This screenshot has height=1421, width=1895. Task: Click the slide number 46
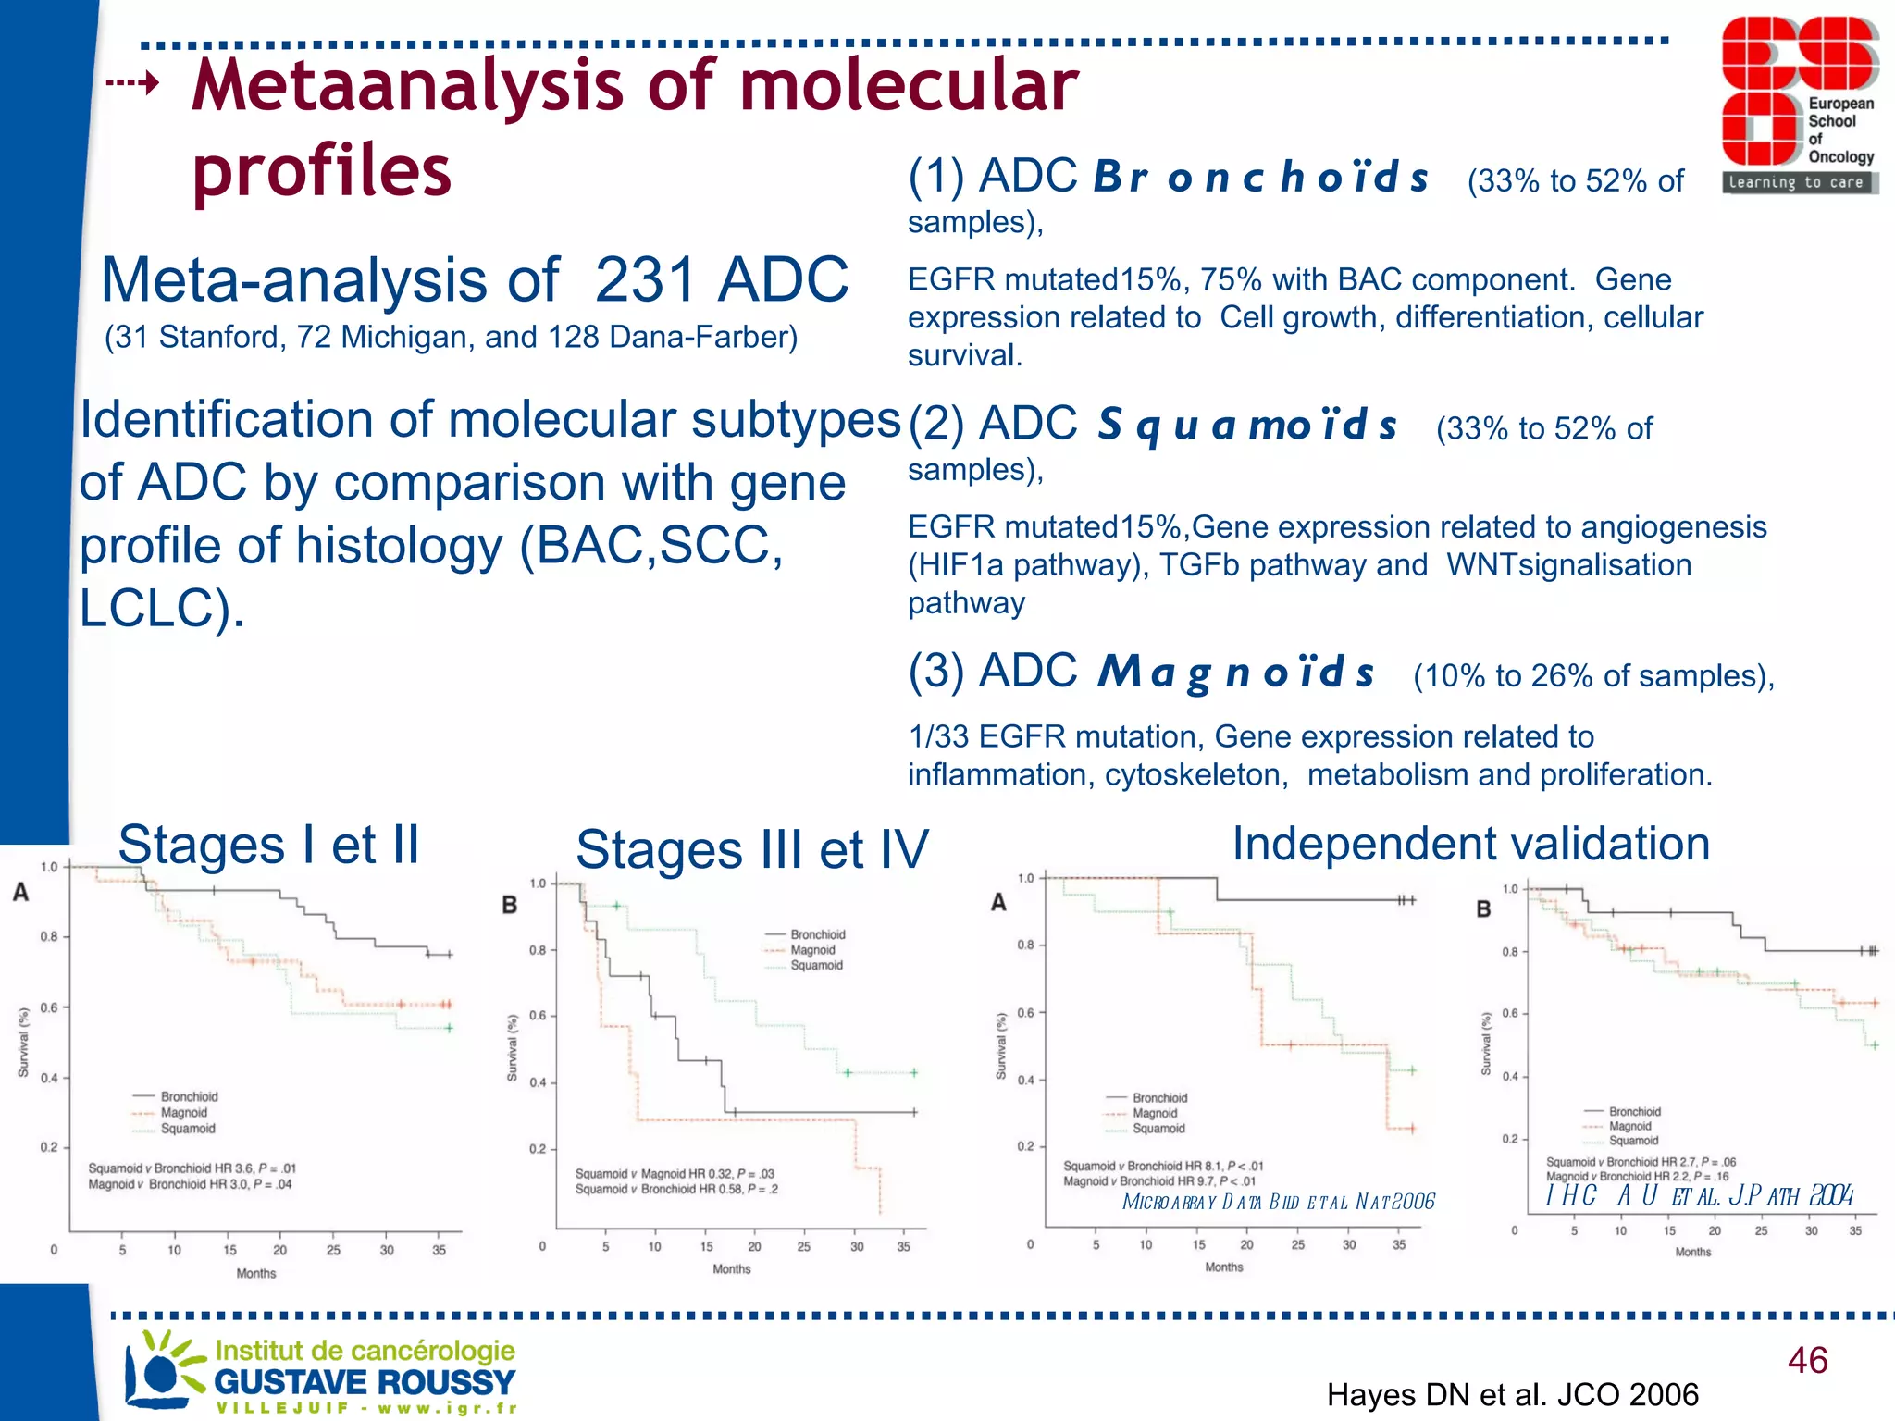[1807, 1361]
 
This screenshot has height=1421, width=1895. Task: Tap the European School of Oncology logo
[1799, 105]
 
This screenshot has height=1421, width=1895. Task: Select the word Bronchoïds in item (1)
[1261, 178]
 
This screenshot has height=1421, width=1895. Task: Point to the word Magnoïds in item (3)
[1235, 673]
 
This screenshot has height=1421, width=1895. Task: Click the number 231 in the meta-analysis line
[645, 279]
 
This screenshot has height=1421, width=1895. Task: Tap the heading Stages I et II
[268, 845]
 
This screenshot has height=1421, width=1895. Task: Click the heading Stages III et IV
[751, 850]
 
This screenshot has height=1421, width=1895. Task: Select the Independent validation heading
[1470, 844]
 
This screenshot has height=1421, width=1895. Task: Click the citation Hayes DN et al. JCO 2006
[1512, 1394]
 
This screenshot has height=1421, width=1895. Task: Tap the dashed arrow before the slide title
[132, 84]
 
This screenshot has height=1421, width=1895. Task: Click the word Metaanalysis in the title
[408, 85]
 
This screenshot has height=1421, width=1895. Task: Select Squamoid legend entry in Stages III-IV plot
[816, 965]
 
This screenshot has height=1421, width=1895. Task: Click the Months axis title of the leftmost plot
[256, 1273]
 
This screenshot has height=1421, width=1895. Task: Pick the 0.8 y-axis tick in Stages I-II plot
[48, 936]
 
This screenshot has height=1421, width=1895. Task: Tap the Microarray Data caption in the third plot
[1277, 1202]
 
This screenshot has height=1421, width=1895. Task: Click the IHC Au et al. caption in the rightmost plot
[1699, 1195]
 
